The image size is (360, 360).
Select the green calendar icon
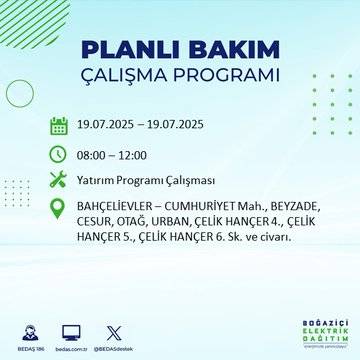[x=58, y=126]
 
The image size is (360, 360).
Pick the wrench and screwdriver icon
[x=58, y=180]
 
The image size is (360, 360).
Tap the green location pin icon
[x=58, y=208]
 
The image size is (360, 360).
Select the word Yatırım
[x=98, y=180]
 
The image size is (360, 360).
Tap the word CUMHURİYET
[x=212, y=208]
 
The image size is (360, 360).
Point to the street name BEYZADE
[x=294, y=208]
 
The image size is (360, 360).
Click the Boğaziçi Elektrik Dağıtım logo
[x=318, y=332]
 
